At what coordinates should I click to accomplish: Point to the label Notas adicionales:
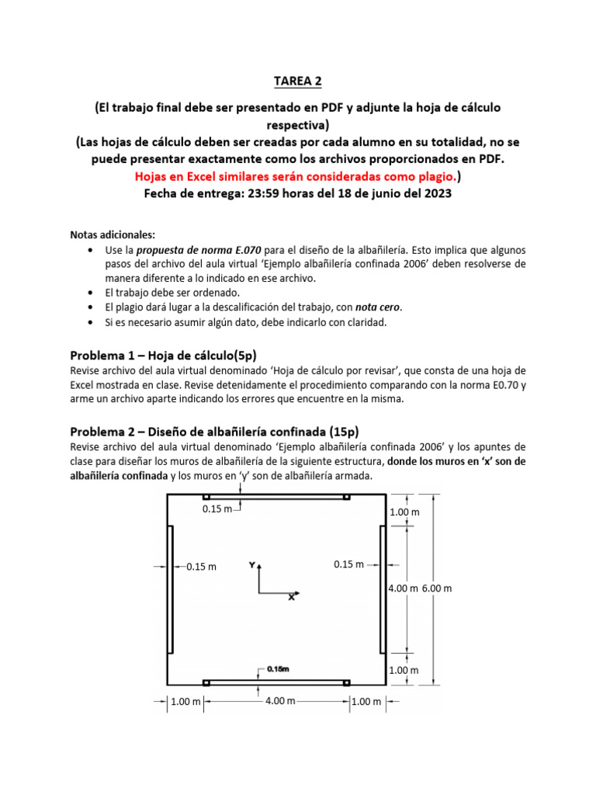click(113, 234)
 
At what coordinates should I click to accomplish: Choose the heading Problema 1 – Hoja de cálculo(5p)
click(163, 356)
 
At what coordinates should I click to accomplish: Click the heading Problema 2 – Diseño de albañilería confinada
click(214, 431)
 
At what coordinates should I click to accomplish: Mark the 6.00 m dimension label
click(437, 588)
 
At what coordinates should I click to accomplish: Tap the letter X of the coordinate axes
click(291, 597)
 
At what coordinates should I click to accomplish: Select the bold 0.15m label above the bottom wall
click(278, 668)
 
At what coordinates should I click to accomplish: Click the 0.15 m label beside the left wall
click(202, 567)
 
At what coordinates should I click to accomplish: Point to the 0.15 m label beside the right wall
click(348, 564)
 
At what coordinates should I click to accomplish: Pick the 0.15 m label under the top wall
click(217, 509)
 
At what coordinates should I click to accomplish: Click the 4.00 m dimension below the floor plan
click(280, 701)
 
